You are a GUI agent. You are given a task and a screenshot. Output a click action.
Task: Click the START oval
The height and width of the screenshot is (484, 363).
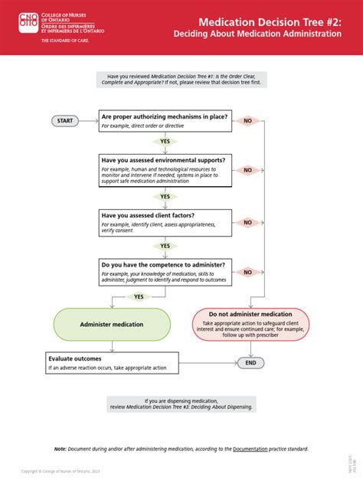pos(65,120)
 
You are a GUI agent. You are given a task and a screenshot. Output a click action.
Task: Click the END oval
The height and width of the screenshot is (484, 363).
pos(251,363)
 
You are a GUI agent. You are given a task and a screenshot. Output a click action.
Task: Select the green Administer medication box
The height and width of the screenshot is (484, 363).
pos(112,325)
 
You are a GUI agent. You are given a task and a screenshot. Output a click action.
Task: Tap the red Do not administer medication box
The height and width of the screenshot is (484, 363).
pos(250,324)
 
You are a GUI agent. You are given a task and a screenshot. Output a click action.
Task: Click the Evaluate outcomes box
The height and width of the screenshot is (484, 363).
pos(112,362)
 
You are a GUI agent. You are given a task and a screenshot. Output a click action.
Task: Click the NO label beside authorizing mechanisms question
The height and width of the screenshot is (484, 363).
pos(248,121)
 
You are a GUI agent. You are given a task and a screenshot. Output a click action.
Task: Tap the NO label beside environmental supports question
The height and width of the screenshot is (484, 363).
pos(248,170)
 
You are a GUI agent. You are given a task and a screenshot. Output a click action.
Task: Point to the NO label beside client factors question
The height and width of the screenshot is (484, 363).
pos(248,222)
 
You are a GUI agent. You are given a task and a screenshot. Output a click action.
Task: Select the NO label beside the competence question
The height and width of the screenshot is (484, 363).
pos(248,272)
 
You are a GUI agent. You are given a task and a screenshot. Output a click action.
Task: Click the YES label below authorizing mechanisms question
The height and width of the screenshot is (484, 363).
pos(165,142)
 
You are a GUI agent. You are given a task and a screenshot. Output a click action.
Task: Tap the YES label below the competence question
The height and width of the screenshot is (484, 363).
pos(139,296)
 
